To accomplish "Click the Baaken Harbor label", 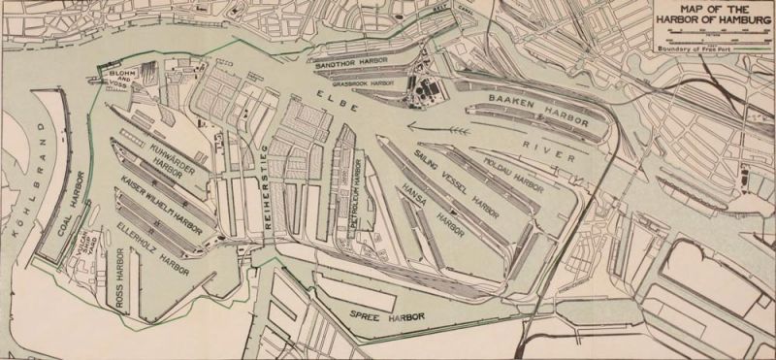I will (532, 101).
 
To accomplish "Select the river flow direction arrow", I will (436, 125).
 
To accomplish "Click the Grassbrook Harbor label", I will (366, 84).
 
